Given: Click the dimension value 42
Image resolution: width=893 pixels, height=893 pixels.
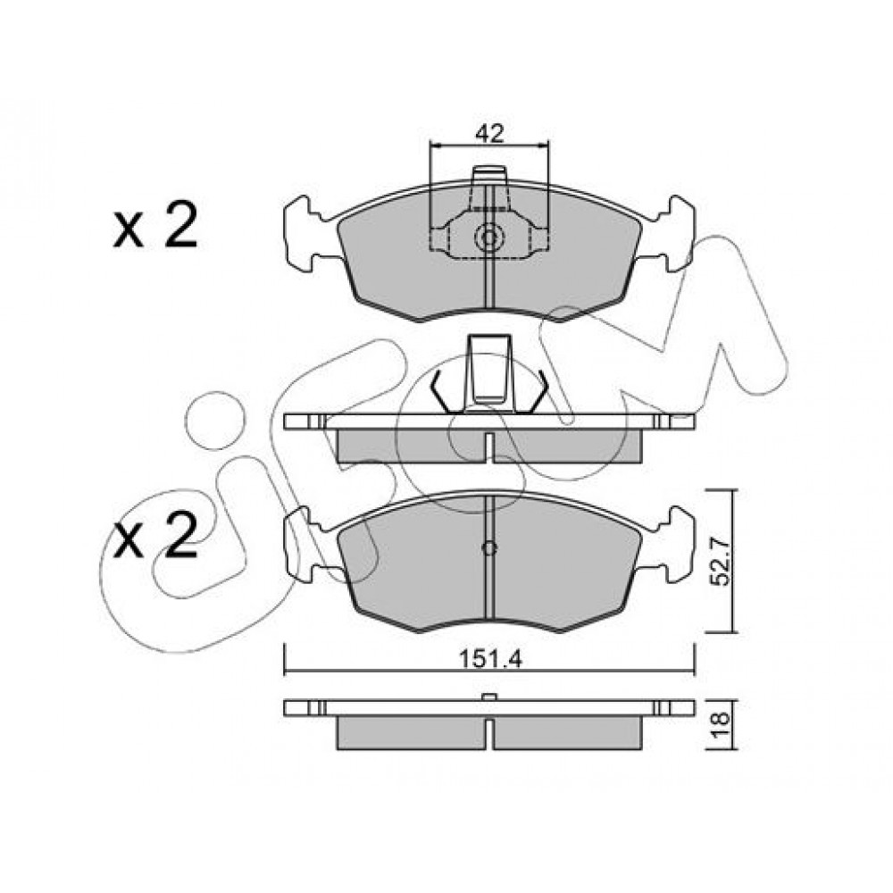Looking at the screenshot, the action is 489,134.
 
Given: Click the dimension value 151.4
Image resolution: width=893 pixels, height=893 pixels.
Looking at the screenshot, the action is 490,660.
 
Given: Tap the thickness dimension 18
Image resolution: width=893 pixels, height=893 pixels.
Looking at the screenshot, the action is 721,725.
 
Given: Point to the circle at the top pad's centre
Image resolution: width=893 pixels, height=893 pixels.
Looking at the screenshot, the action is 489,238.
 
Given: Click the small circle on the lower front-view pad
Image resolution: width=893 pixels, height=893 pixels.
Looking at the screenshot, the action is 489,548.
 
